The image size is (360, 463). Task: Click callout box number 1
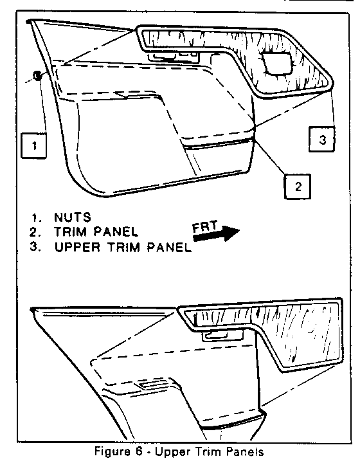[33, 145]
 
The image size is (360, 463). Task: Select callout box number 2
[298, 186]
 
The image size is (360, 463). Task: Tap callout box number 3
[321, 139]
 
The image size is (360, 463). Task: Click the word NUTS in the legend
[73, 217]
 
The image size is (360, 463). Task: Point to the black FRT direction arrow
[216, 233]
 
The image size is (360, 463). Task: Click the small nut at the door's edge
[37, 76]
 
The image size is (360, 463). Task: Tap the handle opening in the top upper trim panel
[277, 63]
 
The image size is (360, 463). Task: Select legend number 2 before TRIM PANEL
[35, 232]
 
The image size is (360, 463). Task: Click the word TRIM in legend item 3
[123, 247]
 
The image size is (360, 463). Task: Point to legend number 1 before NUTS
[36, 217]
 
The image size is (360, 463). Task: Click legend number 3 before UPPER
[35, 247]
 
